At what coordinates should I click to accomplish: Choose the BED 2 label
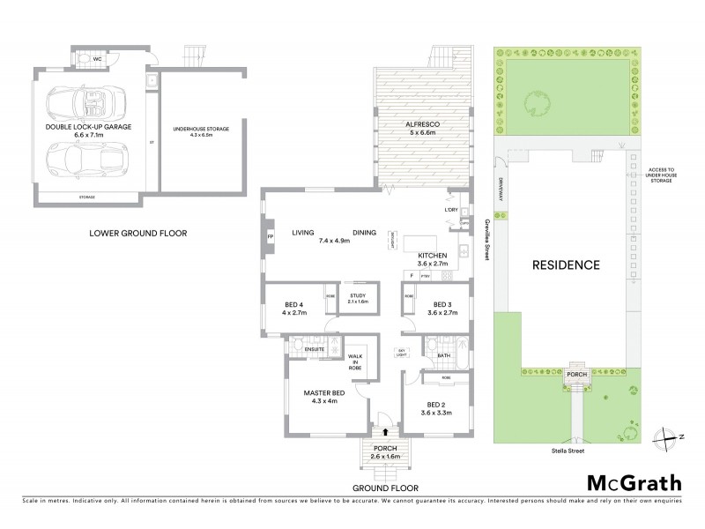[430, 406]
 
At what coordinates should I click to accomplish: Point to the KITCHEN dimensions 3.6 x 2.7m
[433, 263]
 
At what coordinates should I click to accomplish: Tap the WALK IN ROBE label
[357, 359]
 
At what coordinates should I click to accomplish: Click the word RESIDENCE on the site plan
[564, 264]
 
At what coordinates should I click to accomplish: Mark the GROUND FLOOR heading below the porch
[385, 488]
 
